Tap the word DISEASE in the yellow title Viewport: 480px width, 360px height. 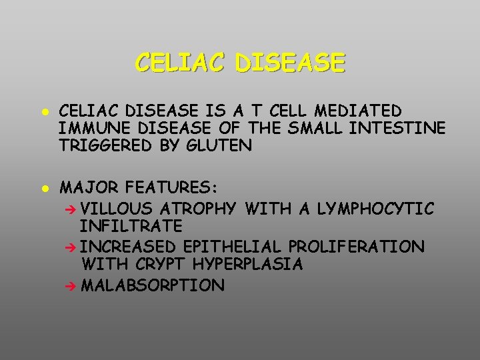point(291,63)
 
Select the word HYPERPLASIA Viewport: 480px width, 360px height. point(247,265)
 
